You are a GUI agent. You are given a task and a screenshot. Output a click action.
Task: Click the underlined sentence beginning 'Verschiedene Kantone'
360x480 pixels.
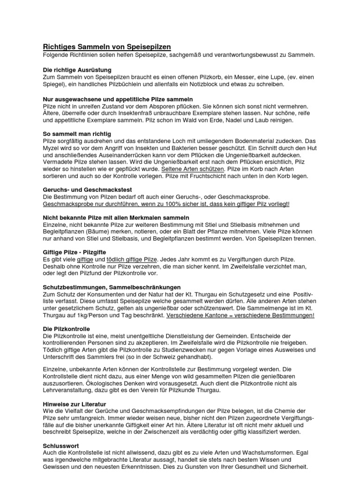point(240,315)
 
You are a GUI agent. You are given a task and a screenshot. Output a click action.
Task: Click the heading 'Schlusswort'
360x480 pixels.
point(61,445)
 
